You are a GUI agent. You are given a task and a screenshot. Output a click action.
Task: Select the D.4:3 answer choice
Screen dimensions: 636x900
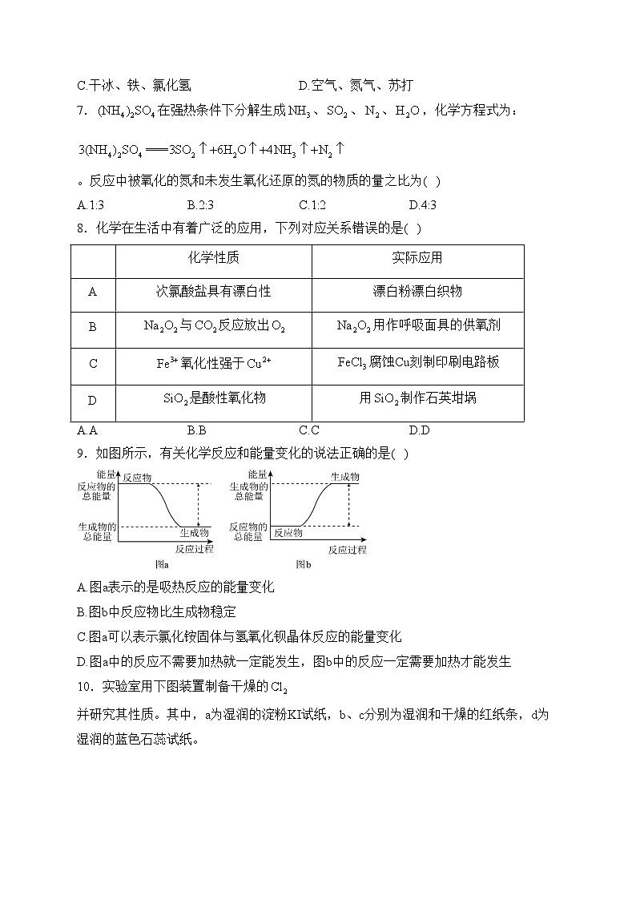(x=422, y=205)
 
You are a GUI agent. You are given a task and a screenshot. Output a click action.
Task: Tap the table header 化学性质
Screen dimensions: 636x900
(x=213, y=258)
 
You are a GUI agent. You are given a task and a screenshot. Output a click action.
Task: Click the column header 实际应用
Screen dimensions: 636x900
(x=417, y=258)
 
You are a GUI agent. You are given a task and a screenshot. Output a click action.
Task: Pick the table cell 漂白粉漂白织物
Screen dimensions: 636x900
(x=417, y=292)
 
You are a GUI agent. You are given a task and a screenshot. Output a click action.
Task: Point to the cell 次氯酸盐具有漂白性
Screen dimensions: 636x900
(x=213, y=292)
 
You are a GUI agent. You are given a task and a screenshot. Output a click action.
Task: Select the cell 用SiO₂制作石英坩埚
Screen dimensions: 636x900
(x=417, y=398)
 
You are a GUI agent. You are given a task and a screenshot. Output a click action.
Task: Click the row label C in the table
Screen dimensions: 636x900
(x=93, y=363)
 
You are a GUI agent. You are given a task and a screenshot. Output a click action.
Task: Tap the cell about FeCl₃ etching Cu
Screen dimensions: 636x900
(x=417, y=362)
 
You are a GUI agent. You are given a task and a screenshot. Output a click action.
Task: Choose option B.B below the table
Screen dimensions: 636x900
(x=196, y=430)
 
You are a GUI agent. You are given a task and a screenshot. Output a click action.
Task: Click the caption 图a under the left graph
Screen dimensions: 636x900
(x=161, y=564)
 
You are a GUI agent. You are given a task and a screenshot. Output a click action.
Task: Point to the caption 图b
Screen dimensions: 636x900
(x=303, y=564)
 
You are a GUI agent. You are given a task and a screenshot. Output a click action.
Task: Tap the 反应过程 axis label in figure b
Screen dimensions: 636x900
(x=347, y=550)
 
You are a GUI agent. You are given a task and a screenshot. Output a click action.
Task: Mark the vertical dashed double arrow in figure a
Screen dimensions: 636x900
(x=198, y=505)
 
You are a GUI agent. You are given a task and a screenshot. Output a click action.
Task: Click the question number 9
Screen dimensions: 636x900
(x=81, y=454)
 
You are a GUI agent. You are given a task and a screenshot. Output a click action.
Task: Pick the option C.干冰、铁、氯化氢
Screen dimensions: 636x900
(x=133, y=86)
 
